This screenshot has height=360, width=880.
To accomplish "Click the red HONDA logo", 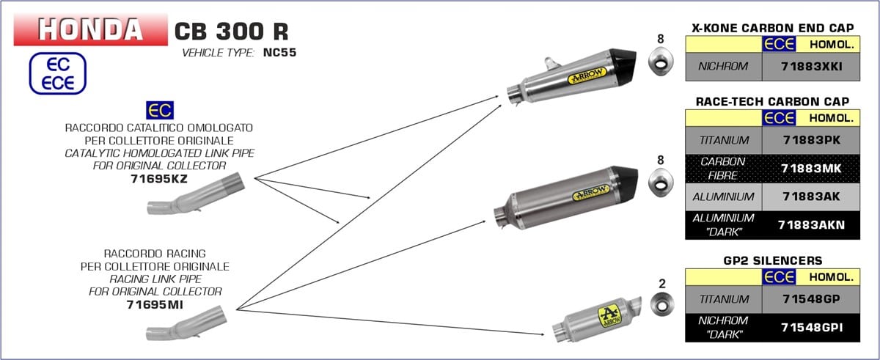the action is pos(91,29).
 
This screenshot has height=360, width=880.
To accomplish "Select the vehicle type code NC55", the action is pos(279,52).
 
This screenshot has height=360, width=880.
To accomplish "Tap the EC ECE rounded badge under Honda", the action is pos(58,73).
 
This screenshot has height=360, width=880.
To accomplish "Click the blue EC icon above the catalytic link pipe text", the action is pos(160,110).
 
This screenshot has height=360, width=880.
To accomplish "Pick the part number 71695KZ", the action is pos(159,179).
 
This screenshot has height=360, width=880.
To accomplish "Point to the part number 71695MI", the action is pos(155,305).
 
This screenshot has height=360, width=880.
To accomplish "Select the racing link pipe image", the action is pos(186,323).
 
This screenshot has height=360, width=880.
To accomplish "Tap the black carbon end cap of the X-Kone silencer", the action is pos(623,64).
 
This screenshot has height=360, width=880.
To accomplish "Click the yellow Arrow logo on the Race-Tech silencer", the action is pos(590,192).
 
